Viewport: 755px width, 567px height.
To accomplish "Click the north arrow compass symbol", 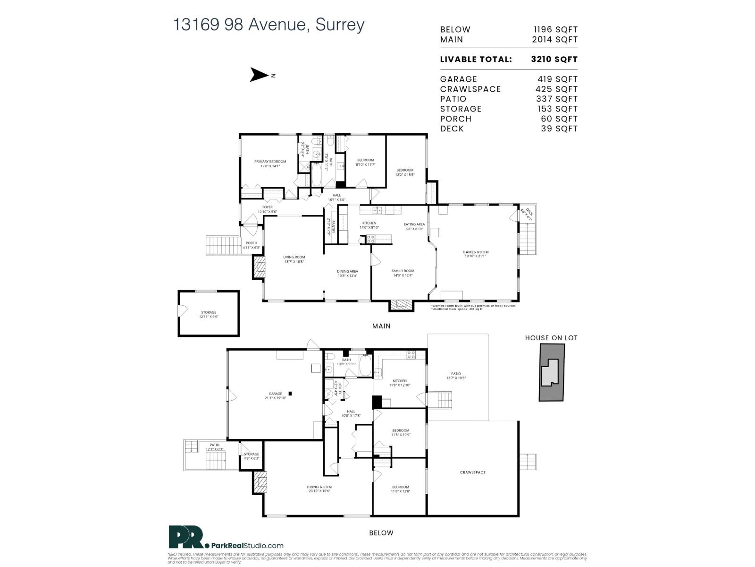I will [259, 75].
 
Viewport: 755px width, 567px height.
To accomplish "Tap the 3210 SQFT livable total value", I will [554, 60].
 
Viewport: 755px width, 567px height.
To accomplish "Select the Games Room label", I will [475, 254].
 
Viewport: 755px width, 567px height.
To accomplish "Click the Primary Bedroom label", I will [270, 163].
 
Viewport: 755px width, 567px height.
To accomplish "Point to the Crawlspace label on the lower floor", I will [472, 472].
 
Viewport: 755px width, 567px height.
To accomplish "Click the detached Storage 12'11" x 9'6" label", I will [209, 314].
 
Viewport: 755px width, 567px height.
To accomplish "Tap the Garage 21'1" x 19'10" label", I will [275, 395].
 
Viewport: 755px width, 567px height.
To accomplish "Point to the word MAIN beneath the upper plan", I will [381, 326].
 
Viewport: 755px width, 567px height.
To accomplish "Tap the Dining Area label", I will [347, 273].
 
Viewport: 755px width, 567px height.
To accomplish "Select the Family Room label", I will [403, 273].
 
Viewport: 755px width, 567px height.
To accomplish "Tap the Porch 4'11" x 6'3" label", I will [251, 245].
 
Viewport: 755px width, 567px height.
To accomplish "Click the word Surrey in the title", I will [340, 25].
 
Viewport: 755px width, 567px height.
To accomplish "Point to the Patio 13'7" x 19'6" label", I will [455, 376].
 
